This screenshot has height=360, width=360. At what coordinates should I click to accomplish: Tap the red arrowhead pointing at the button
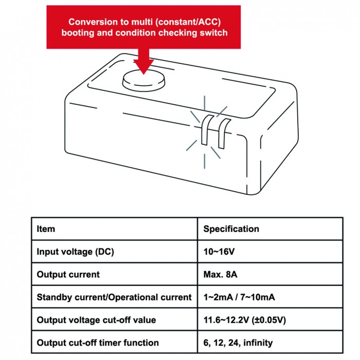pos(143,66)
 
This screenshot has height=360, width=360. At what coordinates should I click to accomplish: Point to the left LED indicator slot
pos(206,130)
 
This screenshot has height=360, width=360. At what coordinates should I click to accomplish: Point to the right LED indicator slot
pos(223,133)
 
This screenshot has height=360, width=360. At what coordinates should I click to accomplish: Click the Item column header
pos(46,229)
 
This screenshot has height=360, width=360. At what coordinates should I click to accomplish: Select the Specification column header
pos(231,229)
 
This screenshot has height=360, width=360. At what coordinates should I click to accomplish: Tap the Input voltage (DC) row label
pos(75,251)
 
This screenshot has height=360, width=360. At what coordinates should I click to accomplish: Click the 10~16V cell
pos(219,251)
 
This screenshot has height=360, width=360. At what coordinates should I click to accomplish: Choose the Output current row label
pos(68,274)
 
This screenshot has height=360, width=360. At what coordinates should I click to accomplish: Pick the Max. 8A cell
pos(220,274)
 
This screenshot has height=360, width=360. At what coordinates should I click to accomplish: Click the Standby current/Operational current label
pos(114,297)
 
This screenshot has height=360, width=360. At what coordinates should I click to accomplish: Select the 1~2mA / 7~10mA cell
pos(239,297)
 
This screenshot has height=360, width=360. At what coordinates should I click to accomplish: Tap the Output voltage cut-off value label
pos(97,320)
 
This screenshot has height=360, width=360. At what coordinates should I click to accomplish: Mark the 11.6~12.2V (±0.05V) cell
pos(245,320)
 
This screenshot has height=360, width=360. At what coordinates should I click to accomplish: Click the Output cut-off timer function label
pos(98,343)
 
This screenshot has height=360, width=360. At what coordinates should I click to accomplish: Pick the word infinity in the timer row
pos(258,343)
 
